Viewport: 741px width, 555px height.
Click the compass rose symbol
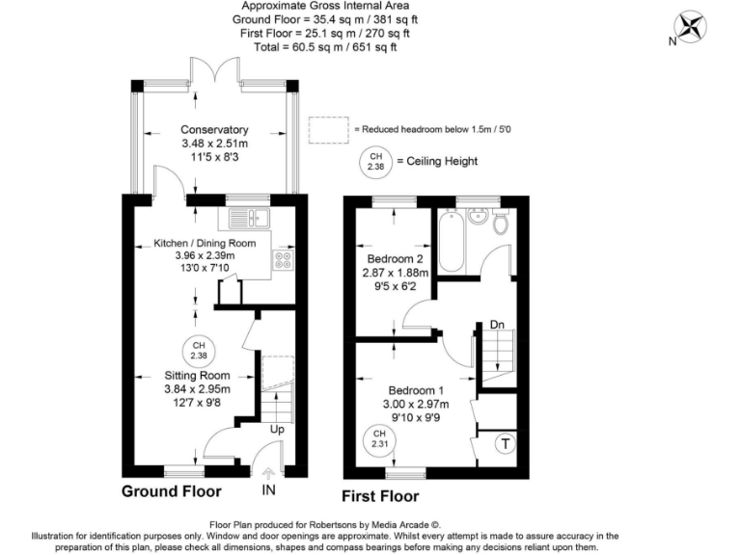[690, 27]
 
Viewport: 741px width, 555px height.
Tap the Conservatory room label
[214, 129]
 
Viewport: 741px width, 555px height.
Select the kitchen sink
[249, 218]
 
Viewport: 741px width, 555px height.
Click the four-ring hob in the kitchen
[283, 259]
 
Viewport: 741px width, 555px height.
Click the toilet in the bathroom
[500, 222]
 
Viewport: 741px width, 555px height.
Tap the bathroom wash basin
[478, 217]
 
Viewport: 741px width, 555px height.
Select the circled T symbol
[506, 443]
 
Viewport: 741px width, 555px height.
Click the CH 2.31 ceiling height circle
[379, 441]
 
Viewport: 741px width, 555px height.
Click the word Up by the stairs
[277, 429]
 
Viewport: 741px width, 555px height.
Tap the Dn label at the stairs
[497, 324]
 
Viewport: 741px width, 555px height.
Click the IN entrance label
[268, 489]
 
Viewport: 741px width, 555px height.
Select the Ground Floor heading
[172, 491]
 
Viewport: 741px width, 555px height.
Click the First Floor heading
[380, 496]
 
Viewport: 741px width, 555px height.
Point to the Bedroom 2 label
[395, 258]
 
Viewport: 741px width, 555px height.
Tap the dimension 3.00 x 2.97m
[416, 404]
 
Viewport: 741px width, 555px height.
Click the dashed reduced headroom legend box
[329, 130]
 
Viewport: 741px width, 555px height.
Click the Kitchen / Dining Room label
[205, 243]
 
